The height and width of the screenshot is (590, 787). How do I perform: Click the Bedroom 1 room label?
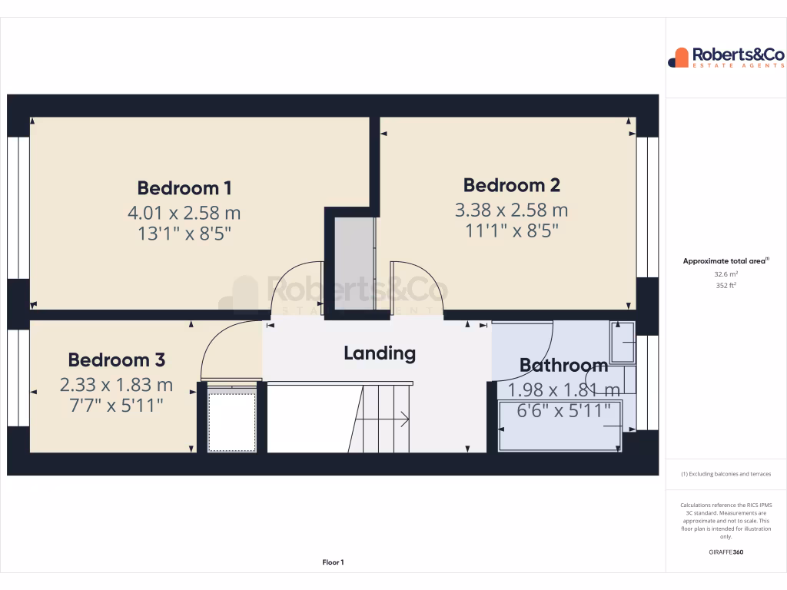(x=184, y=187)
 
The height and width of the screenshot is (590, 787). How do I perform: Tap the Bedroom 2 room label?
(x=511, y=185)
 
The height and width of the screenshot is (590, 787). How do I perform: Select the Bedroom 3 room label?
(x=116, y=360)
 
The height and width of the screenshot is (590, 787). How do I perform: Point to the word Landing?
(x=380, y=353)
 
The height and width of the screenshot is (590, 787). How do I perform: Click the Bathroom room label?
(x=563, y=365)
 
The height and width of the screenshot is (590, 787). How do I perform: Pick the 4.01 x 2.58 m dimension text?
(x=184, y=212)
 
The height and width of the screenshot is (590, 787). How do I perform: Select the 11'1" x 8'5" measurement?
(x=511, y=230)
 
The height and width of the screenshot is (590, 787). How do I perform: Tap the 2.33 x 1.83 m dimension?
(x=116, y=384)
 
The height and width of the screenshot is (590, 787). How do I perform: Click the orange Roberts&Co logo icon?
(x=679, y=58)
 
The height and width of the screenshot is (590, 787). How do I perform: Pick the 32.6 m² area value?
(x=726, y=273)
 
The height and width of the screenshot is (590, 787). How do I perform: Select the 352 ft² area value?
(x=726, y=285)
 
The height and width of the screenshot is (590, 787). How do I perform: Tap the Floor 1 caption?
(x=333, y=562)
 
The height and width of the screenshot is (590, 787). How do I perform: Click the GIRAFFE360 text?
(x=726, y=552)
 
